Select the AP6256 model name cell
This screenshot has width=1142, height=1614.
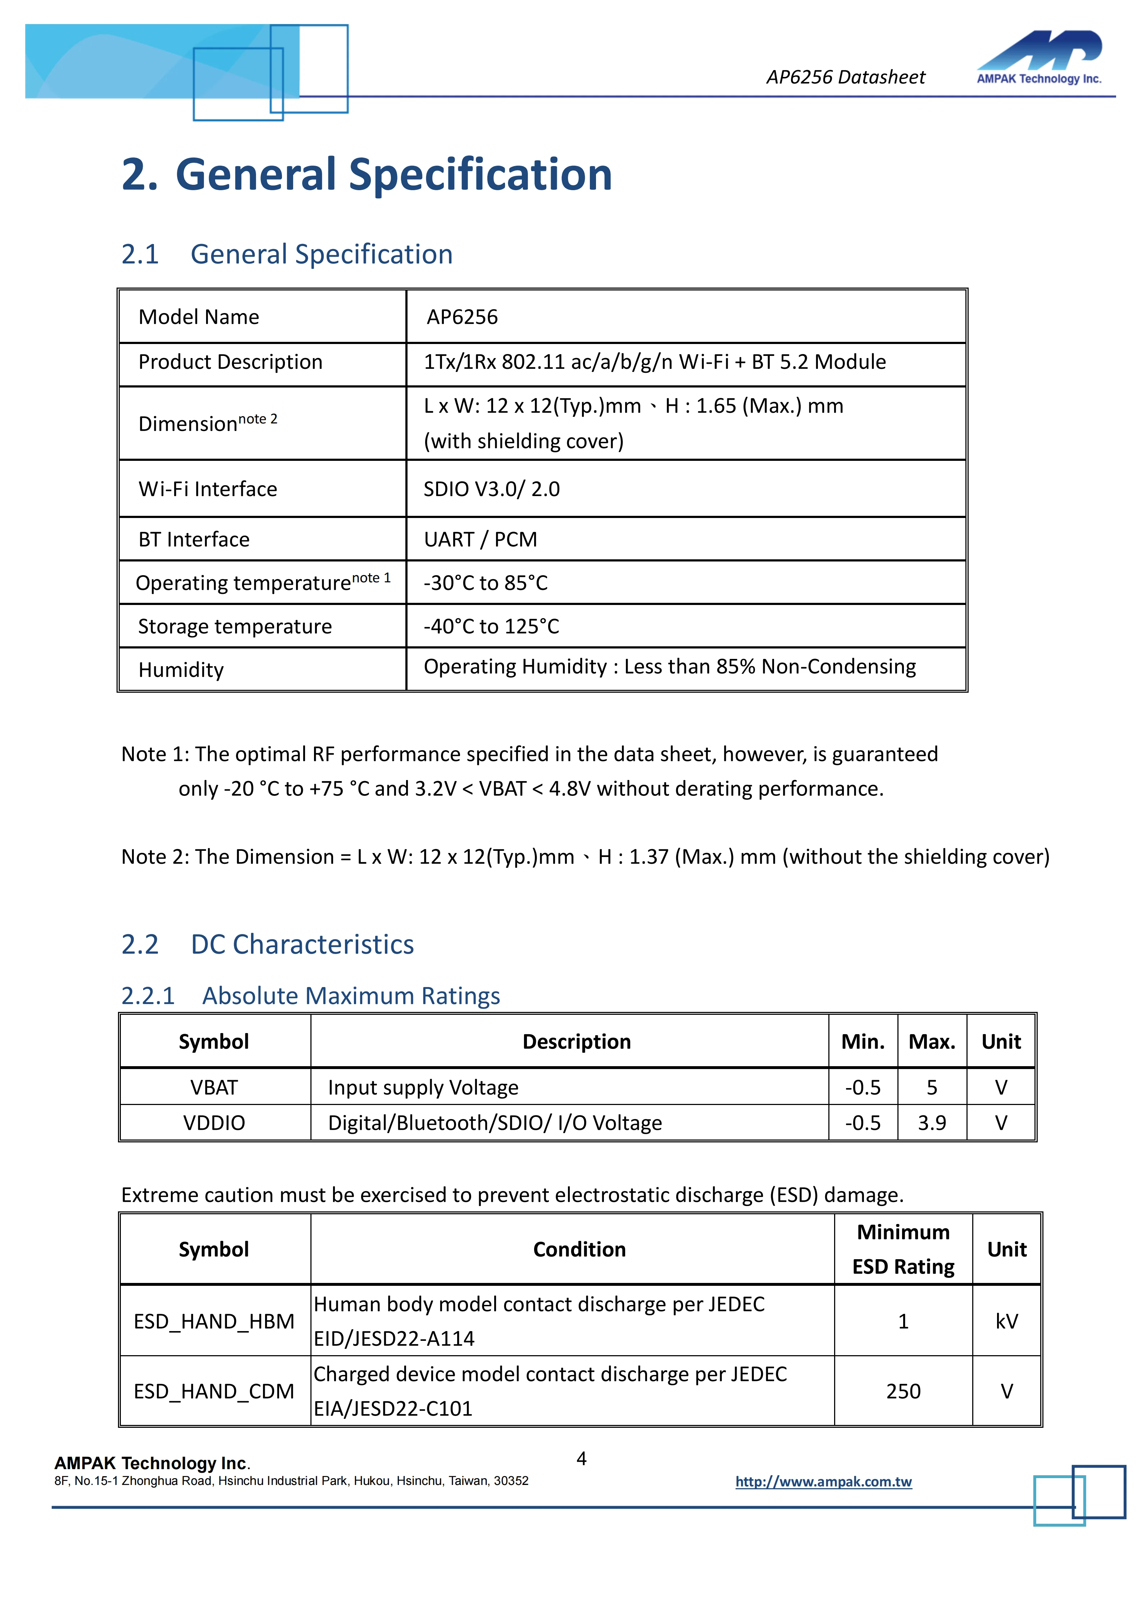[x=462, y=317]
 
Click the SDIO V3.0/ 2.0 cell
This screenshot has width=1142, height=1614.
[x=492, y=489]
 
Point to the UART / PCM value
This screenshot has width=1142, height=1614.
[x=480, y=539]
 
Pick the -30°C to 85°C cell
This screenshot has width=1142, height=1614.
[x=485, y=583]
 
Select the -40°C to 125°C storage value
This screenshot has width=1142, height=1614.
[x=491, y=626]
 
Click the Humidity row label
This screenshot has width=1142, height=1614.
[x=181, y=670]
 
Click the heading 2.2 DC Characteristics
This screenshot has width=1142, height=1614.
[x=267, y=944]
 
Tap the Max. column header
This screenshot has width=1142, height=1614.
[x=932, y=1042]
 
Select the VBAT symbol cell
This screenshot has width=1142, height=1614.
[x=214, y=1087]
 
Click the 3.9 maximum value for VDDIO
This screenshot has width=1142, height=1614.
[x=932, y=1123]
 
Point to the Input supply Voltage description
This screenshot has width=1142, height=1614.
[x=423, y=1087]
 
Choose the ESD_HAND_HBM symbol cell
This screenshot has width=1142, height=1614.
[x=214, y=1321]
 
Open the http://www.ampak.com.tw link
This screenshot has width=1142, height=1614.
[x=823, y=1482]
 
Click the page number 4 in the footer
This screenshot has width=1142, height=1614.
[x=582, y=1459]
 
